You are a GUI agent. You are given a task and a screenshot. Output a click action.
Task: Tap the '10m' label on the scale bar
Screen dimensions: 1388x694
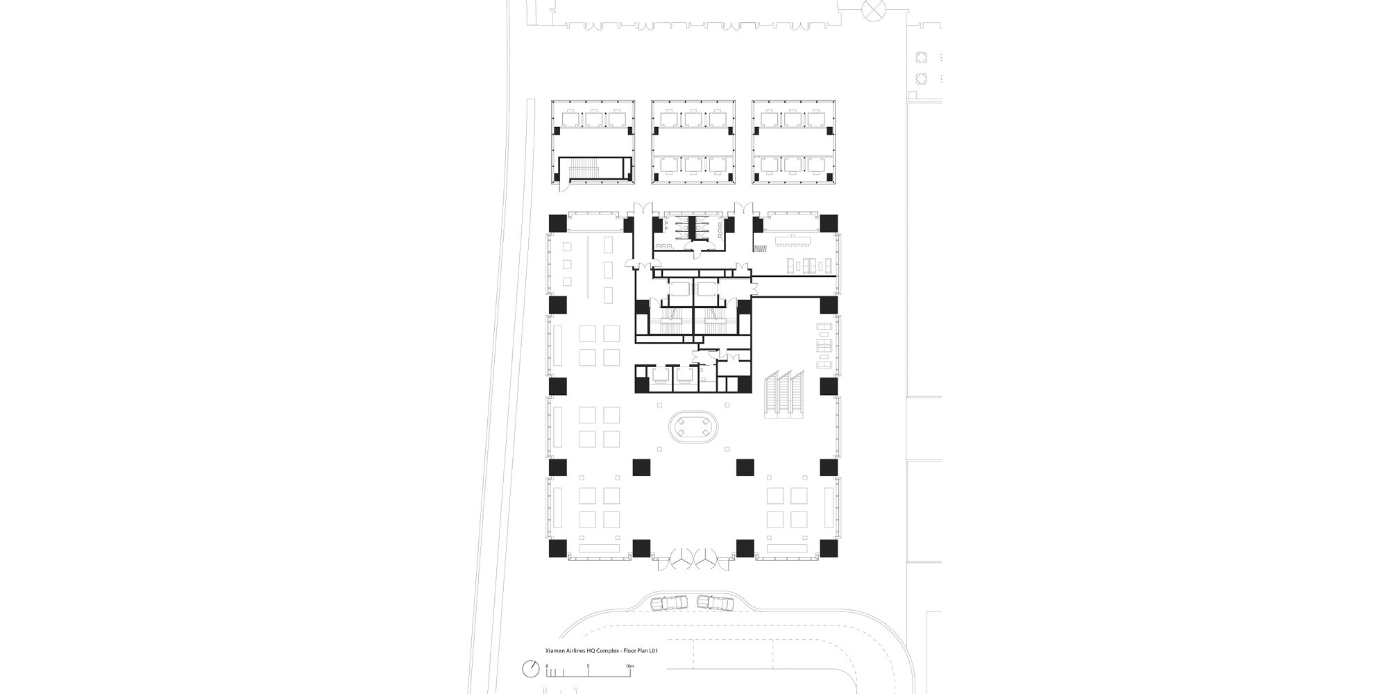coord(629,666)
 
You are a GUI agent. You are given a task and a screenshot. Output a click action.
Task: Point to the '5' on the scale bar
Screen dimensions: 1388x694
coord(588,666)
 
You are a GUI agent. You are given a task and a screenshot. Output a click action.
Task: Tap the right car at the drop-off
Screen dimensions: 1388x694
coord(715,603)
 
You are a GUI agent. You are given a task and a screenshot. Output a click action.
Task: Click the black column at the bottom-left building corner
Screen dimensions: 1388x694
coord(557,549)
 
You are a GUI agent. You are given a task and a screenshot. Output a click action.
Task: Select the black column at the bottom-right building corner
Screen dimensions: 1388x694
coord(829,549)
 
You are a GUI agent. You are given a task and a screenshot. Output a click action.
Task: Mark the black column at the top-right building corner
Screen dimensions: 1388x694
coord(829,223)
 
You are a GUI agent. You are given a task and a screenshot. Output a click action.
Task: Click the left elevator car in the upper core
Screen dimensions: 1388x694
coord(678,291)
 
